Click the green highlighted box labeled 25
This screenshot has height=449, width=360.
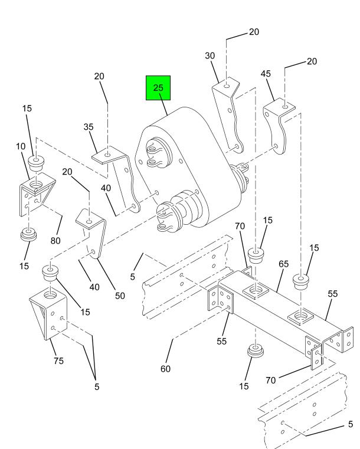click(x=158, y=88)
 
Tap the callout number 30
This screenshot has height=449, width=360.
click(x=210, y=55)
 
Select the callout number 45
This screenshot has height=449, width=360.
click(x=266, y=74)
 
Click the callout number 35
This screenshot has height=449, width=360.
click(x=89, y=127)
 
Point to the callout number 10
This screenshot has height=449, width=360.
click(x=21, y=146)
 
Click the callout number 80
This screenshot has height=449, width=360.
click(x=55, y=241)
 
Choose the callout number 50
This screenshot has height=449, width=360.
click(x=120, y=296)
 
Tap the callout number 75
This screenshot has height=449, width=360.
click(x=58, y=360)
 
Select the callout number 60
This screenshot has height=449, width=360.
click(x=165, y=369)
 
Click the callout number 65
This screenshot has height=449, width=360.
click(x=283, y=264)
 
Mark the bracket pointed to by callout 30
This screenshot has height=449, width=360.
click(x=228, y=114)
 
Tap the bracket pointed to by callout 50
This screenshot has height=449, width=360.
click(x=92, y=232)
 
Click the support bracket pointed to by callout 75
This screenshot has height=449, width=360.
click(x=49, y=313)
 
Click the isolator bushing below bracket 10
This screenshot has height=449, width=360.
click(x=29, y=234)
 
